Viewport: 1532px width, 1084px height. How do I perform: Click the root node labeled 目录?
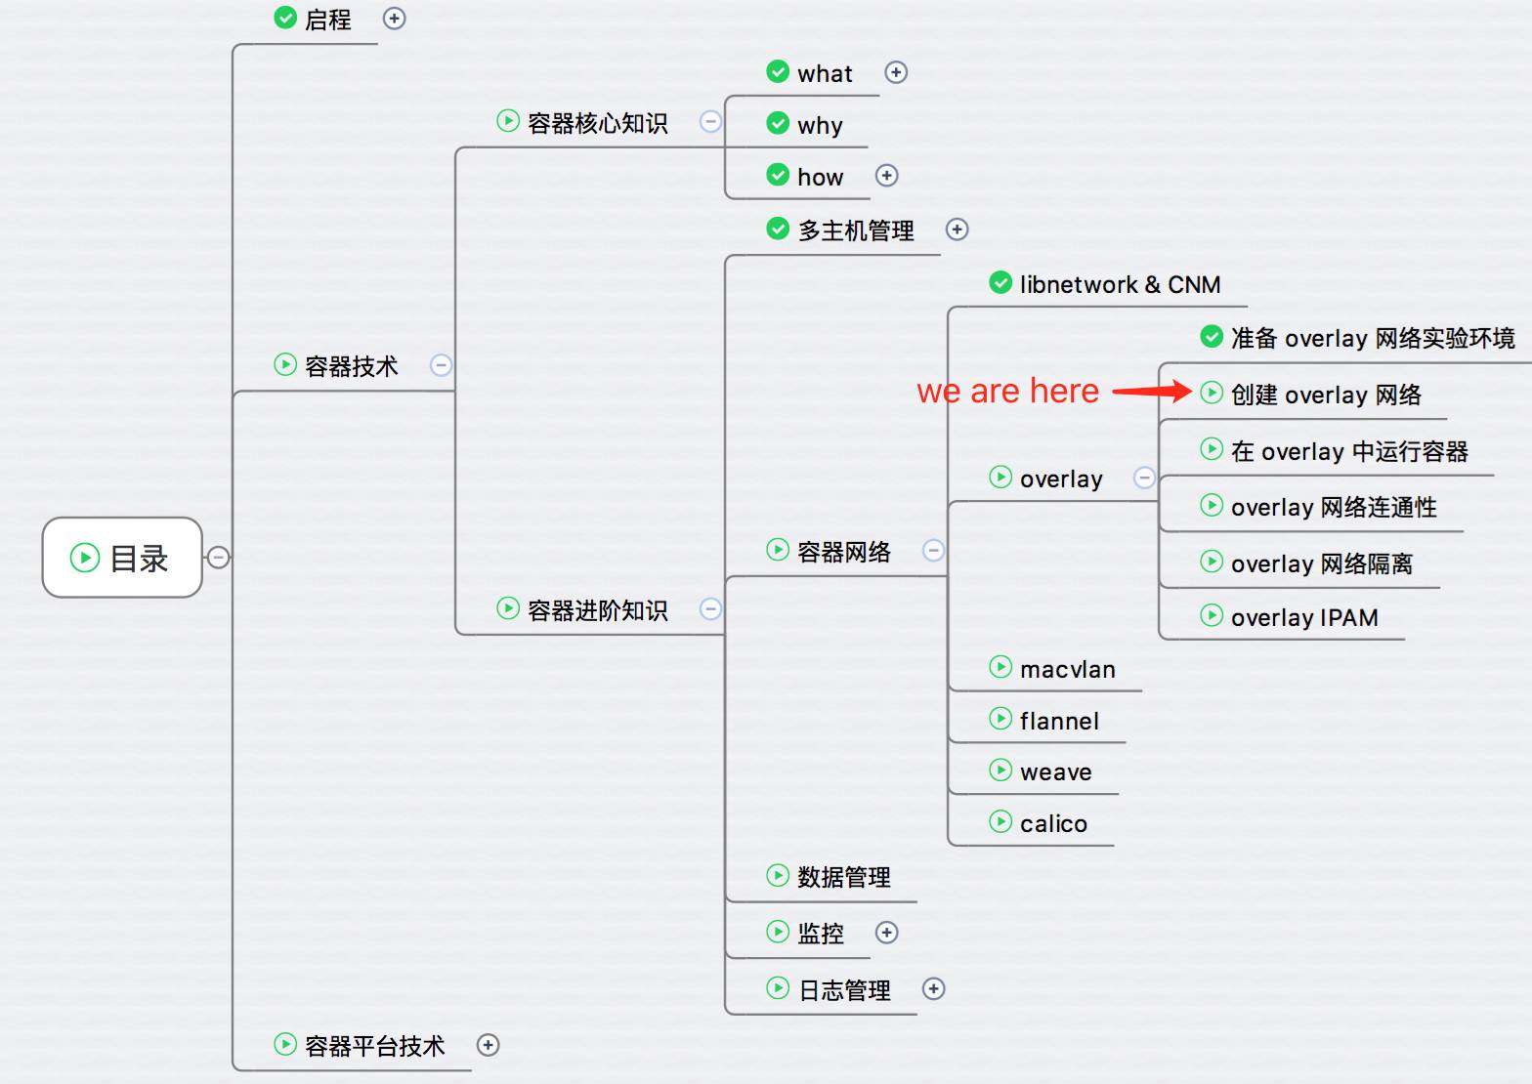(x=122, y=558)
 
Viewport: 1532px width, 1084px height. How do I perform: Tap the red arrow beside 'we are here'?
(x=1153, y=391)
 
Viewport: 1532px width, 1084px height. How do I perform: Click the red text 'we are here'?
(x=1008, y=391)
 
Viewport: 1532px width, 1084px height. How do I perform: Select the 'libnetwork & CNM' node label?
(x=1121, y=284)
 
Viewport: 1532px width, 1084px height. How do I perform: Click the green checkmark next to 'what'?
(x=778, y=71)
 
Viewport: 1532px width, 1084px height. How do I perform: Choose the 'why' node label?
(x=820, y=125)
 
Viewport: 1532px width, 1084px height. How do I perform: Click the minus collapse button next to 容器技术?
(x=442, y=365)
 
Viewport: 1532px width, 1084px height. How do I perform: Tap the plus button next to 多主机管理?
(x=957, y=229)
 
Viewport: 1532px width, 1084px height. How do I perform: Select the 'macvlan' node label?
(x=1068, y=669)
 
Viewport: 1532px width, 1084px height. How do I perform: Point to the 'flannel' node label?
(x=1059, y=721)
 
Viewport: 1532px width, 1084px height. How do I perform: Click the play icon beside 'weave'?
(x=1000, y=771)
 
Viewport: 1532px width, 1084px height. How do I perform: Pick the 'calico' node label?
(x=1053, y=823)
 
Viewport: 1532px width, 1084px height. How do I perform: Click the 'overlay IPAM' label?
(x=1304, y=617)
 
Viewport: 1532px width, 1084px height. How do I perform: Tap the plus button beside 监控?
(x=887, y=933)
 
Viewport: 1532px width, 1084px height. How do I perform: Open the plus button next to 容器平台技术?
(x=488, y=1045)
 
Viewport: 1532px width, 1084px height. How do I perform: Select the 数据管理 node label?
(x=844, y=877)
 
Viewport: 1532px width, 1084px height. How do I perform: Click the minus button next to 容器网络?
(x=934, y=550)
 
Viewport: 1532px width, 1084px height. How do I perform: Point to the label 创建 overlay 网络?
(x=1326, y=396)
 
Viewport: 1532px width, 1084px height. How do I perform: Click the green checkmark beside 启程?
(x=285, y=18)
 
